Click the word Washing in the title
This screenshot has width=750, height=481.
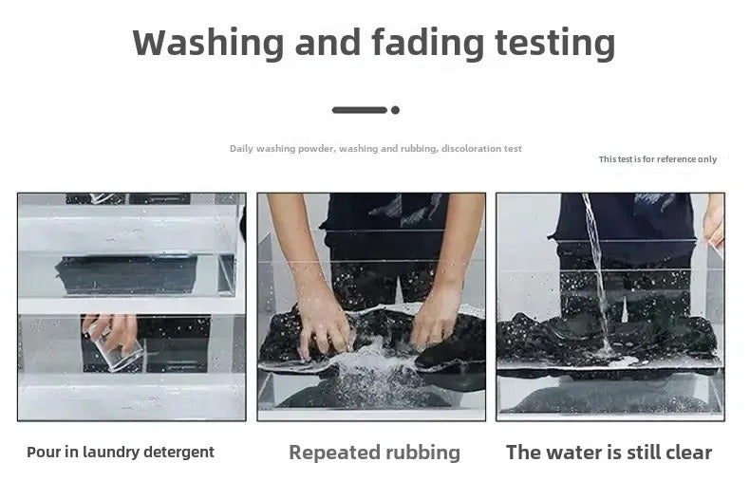(x=209, y=44)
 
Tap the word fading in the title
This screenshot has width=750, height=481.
(x=428, y=44)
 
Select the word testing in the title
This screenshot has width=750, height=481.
(x=554, y=44)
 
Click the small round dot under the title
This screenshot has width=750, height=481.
(x=395, y=110)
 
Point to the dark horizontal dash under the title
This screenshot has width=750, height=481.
(x=360, y=110)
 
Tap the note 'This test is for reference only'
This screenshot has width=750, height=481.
(x=658, y=159)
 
